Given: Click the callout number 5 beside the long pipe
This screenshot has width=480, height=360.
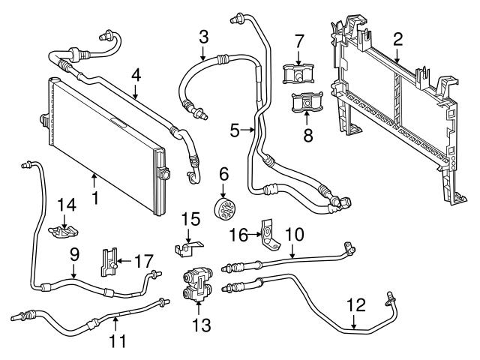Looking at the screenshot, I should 235,130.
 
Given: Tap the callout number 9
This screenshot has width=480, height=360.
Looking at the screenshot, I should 73,254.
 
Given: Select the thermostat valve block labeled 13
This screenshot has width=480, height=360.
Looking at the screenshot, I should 197,285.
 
